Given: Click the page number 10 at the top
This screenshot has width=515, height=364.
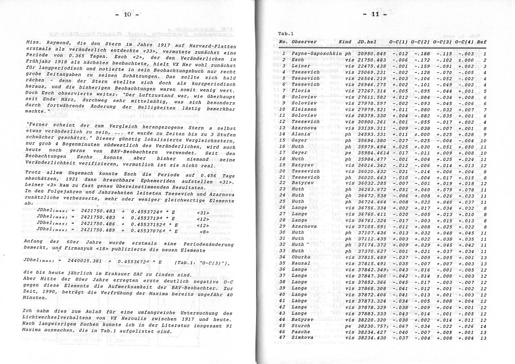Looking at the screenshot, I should tap(127, 15).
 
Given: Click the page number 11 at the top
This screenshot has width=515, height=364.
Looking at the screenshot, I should tap(375, 14).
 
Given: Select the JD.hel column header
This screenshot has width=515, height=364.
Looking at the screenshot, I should tap(367, 42).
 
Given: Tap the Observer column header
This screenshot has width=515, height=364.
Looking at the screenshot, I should tap(304, 42).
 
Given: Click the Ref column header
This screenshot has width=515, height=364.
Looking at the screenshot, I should tap(482, 42).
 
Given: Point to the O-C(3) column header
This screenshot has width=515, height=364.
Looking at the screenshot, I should tap(443, 42).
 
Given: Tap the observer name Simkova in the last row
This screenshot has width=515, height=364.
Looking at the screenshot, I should tap(302, 338).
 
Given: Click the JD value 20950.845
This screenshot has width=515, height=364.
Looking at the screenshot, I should tap(372, 54).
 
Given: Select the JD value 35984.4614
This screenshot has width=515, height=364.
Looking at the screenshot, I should tap(373, 152).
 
